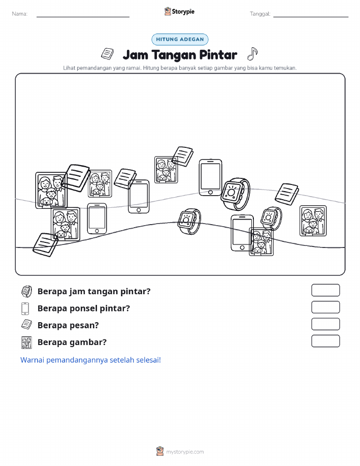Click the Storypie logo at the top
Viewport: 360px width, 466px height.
[x=179, y=12]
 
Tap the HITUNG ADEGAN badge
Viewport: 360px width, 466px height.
[x=180, y=39]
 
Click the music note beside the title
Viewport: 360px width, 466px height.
[x=252, y=54]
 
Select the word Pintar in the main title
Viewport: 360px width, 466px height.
[x=218, y=55]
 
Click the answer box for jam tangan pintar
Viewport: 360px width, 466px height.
[x=325, y=290]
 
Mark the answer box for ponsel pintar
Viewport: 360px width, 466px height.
[x=325, y=307]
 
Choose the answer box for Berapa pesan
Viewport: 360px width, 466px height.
[x=325, y=324]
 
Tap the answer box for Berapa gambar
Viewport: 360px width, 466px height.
[x=325, y=341]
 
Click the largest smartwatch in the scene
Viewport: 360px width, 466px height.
[x=236, y=194]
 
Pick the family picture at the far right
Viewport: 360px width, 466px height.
[x=313, y=221]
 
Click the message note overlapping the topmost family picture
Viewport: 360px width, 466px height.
[x=183, y=157]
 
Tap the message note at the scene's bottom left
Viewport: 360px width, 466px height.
[x=46, y=245]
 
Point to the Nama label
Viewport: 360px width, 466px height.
[x=20, y=14]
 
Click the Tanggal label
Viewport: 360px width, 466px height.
[x=260, y=14]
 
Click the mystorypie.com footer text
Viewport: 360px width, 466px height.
[x=185, y=452]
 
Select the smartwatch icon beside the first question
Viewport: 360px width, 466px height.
[x=26, y=292]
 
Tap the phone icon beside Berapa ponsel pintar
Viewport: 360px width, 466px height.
[x=25, y=308]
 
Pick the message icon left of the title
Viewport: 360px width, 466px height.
[x=107, y=54]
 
